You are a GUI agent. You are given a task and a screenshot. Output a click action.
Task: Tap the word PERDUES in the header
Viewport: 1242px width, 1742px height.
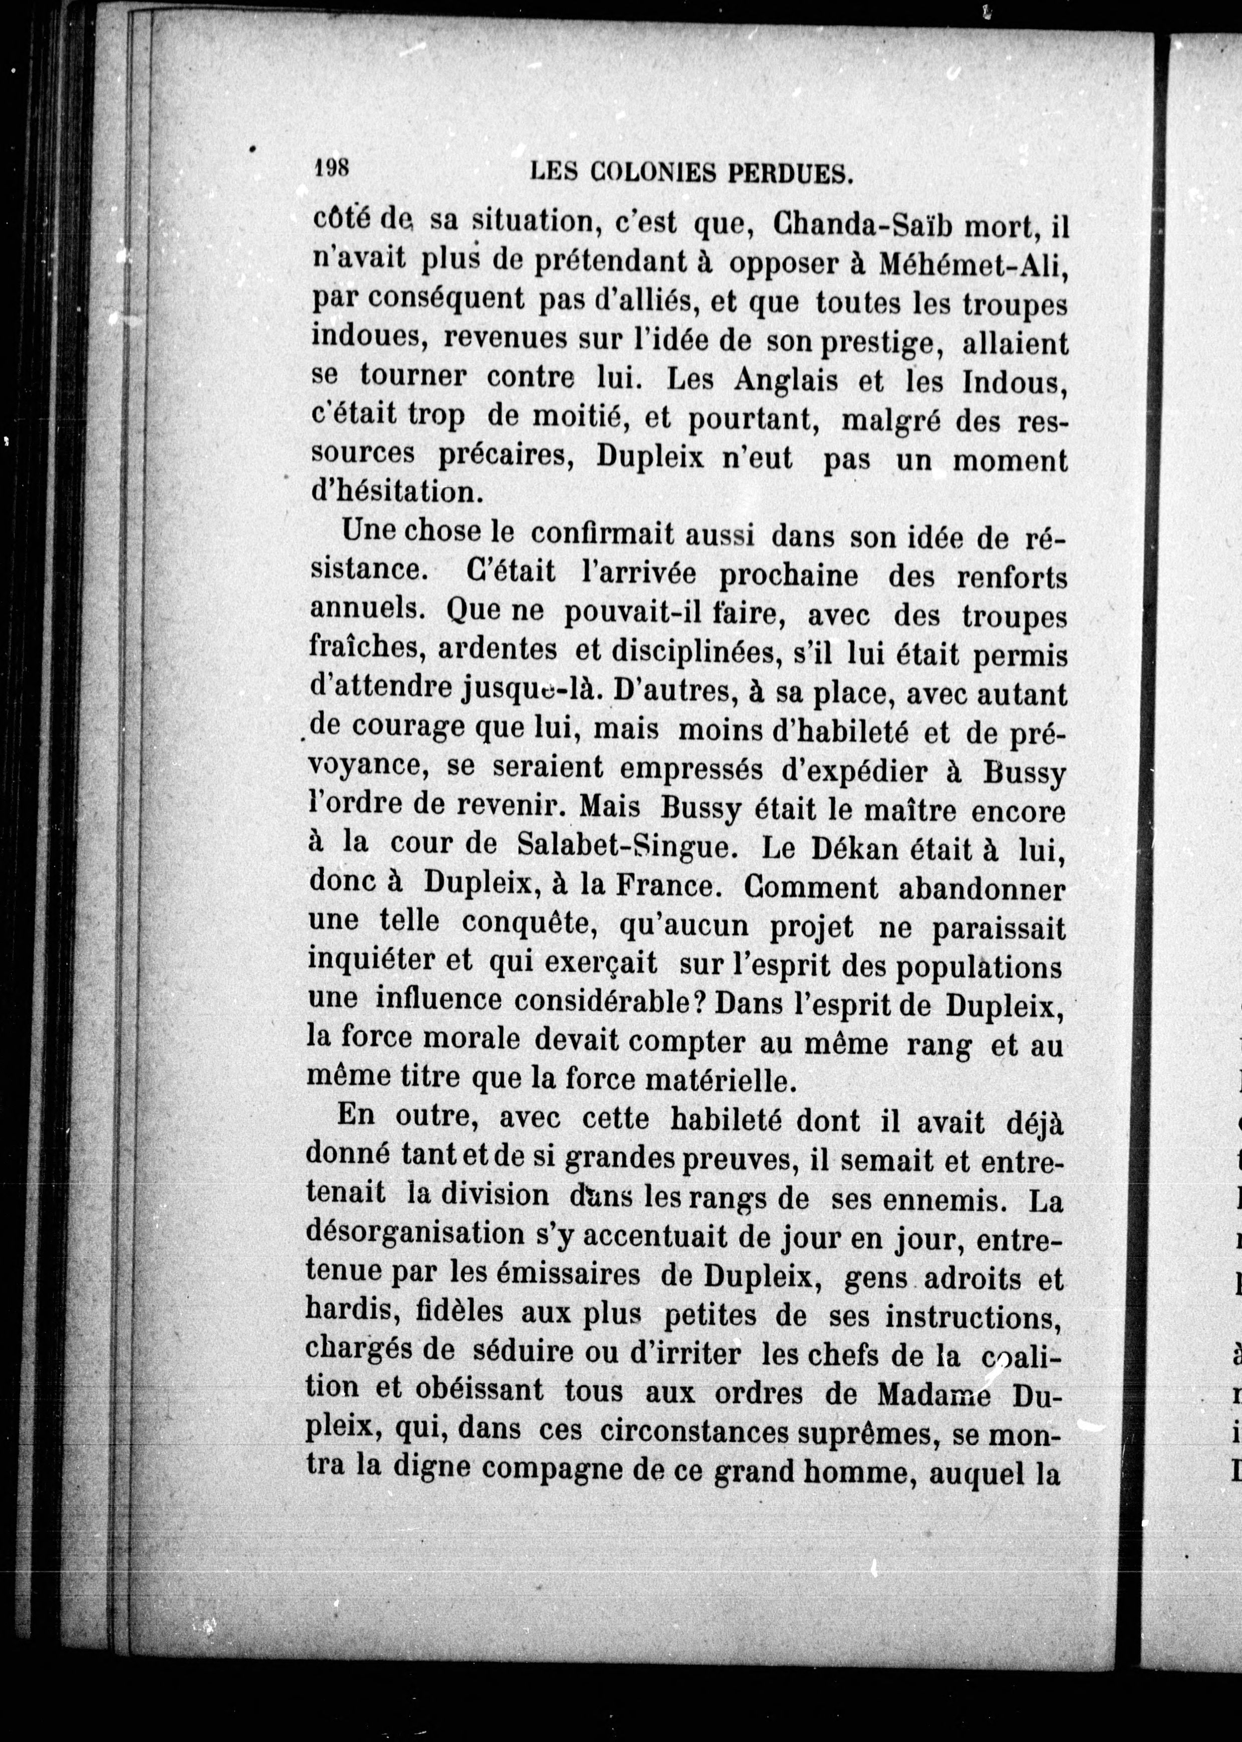click(789, 175)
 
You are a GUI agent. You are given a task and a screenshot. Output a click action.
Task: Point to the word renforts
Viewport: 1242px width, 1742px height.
click(1011, 577)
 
